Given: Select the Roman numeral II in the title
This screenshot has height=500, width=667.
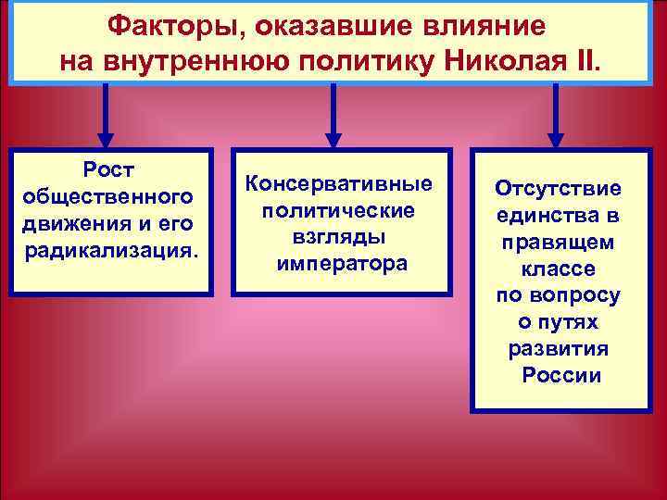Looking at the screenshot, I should [585, 61].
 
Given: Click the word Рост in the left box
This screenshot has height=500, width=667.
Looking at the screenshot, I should [108, 171].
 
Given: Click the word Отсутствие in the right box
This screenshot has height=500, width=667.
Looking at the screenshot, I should [559, 188].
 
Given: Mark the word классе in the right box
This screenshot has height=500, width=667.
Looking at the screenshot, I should [559, 269].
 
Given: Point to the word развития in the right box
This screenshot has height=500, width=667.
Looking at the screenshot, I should [559, 349].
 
